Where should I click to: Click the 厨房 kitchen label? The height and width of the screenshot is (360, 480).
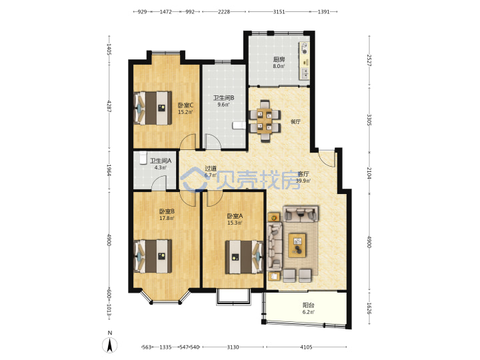pyautogui.click(x=279, y=59)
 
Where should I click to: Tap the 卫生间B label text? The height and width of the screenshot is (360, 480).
pyautogui.click(x=224, y=98)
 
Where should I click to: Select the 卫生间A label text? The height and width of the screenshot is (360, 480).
pyautogui.click(x=161, y=161)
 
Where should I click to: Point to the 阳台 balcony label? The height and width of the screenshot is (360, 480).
pyautogui.click(x=308, y=305)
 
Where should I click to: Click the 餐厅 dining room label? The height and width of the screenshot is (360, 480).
pyautogui.click(x=295, y=121)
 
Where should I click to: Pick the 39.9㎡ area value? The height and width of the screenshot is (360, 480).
pyautogui.click(x=303, y=181)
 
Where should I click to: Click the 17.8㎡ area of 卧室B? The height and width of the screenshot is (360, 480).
pyautogui.click(x=167, y=218)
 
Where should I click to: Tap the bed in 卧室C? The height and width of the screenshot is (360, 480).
pyautogui.click(x=153, y=108)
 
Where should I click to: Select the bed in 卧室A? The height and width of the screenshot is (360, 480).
pyautogui.click(x=244, y=257)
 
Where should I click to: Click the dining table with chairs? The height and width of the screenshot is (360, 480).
pyautogui.click(x=265, y=121)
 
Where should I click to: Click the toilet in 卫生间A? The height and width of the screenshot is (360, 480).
pyautogui.click(x=143, y=158)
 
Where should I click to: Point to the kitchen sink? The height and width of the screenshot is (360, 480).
pyautogui.click(x=305, y=73)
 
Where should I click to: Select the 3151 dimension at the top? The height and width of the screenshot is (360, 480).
pyautogui.click(x=279, y=11)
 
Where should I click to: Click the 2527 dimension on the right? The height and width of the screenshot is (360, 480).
pyautogui.click(x=369, y=60)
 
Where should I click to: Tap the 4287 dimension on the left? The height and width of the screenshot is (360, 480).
pyautogui.click(x=109, y=105)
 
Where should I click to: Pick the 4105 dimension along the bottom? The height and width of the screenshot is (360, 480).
pyautogui.click(x=306, y=347)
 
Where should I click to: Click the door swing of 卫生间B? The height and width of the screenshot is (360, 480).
pyautogui.click(x=213, y=141)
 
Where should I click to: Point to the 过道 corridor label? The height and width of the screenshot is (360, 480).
pyautogui.click(x=211, y=169)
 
